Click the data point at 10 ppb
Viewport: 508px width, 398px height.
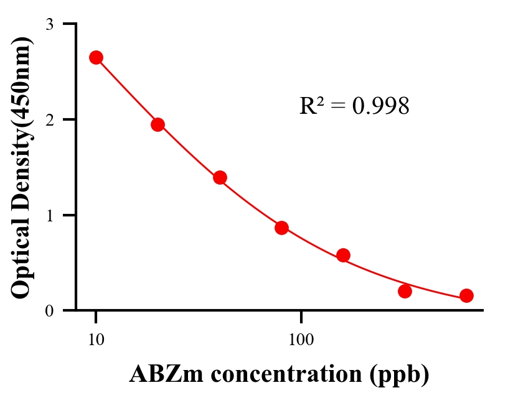[96, 57]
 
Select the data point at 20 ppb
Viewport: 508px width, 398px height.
[158, 124]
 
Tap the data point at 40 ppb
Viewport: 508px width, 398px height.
[220, 177]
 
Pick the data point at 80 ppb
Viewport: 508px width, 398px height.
[281, 228]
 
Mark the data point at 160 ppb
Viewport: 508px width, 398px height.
[343, 255]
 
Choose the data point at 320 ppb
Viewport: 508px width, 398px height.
[405, 291]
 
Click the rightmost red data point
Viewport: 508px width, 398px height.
[466, 295]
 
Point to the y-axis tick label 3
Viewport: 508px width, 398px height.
[50, 24]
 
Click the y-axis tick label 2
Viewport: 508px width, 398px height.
[50, 119]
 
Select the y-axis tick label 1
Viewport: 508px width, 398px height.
[50, 215]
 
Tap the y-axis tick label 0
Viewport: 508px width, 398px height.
[50, 310]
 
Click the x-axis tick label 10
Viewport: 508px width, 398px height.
[96, 340]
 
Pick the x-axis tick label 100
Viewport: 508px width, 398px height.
[301, 340]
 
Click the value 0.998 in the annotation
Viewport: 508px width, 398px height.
[380, 106]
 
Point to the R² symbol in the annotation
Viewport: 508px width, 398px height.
[311, 106]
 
